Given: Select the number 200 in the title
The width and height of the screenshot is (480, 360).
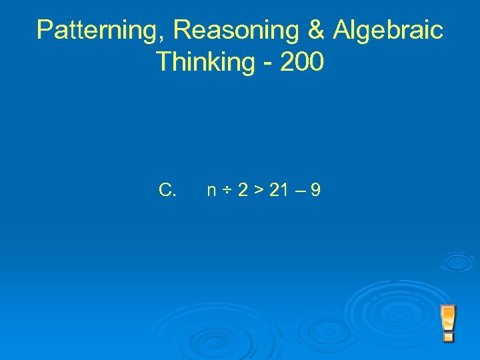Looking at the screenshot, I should pos(301,62).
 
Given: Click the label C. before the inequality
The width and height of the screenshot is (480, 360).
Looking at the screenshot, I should pos(167,191).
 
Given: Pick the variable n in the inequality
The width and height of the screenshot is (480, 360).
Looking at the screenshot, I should pos(211,192).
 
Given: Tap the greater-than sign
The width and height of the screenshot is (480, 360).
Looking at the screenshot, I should pos(257,191).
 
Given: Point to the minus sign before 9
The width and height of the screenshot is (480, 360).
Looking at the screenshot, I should pos(297,191).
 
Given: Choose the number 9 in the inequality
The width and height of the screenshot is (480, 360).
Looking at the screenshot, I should pos(315,191).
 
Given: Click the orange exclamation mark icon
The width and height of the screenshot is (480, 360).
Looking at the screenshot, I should pos(449,323).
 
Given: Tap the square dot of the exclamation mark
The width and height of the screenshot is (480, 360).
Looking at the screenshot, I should pos(449,337).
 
